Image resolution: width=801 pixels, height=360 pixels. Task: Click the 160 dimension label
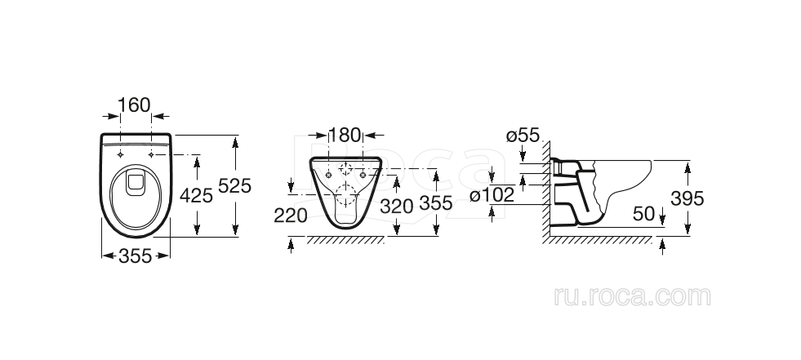tap(135, 105)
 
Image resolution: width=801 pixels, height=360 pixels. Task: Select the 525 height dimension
tap(234, 186)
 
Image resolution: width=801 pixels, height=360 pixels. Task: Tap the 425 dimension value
tap(196, 195)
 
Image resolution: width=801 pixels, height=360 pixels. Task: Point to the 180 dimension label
tap(344, 136)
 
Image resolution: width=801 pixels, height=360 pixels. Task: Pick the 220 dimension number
tap(291, 216)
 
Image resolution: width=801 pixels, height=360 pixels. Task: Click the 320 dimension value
tap(396, 206)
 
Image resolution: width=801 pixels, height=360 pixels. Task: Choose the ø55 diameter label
tap(523, 136)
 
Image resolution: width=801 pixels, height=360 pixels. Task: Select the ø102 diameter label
tap(492, 195)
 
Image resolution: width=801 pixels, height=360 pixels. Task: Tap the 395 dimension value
tap(687, 198)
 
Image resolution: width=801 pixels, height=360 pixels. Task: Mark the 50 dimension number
tap(643, 215)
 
